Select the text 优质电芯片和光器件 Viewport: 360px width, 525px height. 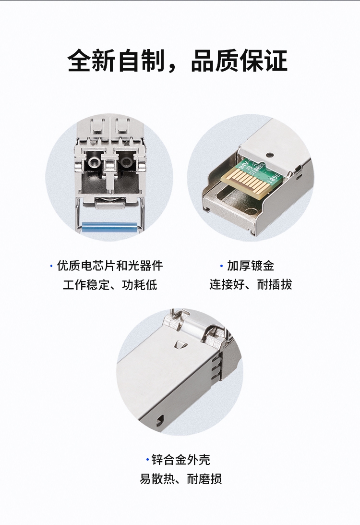point(110,266)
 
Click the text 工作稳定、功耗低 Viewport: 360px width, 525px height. point(110,285)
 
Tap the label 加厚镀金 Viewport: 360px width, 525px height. point(251,266)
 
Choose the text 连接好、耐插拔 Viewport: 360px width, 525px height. point(251,285)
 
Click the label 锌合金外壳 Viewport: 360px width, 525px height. point(180,460)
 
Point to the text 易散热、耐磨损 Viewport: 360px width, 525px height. point(180,479)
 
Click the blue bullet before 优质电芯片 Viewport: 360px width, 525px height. point(51,266)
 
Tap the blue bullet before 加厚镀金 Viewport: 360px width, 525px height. point(221,266)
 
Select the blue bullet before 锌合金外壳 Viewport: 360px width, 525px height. point(147,460)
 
